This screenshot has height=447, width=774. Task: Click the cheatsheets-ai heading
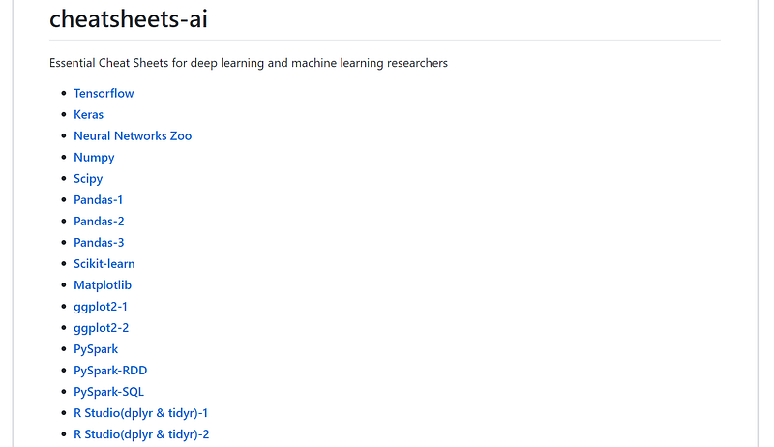pyautogui.click(x=128, y=18)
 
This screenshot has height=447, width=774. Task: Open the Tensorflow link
pyautogui.click(x=104, y=94)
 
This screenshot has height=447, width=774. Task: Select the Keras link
pyautogui.click(x=88, y=115)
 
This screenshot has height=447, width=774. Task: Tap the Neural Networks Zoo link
pyautogui.click(x=133, y=136)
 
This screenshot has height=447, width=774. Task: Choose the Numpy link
pyautogui.click(x=94, y=158)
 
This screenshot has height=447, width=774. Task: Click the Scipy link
pyautogui.click(x=88, y=179)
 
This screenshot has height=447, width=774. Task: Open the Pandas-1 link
pyautogui.click(x=99, y=200)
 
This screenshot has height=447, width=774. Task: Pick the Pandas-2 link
pyautogui.click(x=99, y=222)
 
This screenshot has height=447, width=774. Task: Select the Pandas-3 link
pyautogui.click(x=99, y=243)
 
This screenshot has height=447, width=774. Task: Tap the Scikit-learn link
pyautogui.click(x=104, y=264)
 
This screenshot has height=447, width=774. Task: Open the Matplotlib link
pyautogui.click(x=103, y=285)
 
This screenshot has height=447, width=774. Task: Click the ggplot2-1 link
pyautogui.click(x=101, y=307)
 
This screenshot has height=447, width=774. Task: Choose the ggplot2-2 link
pyautogui.click(x=101, y=328)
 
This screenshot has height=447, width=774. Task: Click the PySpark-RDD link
pyautogui.click(x=110, y=371)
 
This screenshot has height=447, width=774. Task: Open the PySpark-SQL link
pyautogui.click(x=108, y=392)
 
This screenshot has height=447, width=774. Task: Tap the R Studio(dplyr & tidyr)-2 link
pyautogui.click(x=141, y=434)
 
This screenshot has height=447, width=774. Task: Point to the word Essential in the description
pyautogui.click(x=74, y=64)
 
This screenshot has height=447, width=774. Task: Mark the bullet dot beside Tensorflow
pyautogui.click(x=62, y=94)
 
